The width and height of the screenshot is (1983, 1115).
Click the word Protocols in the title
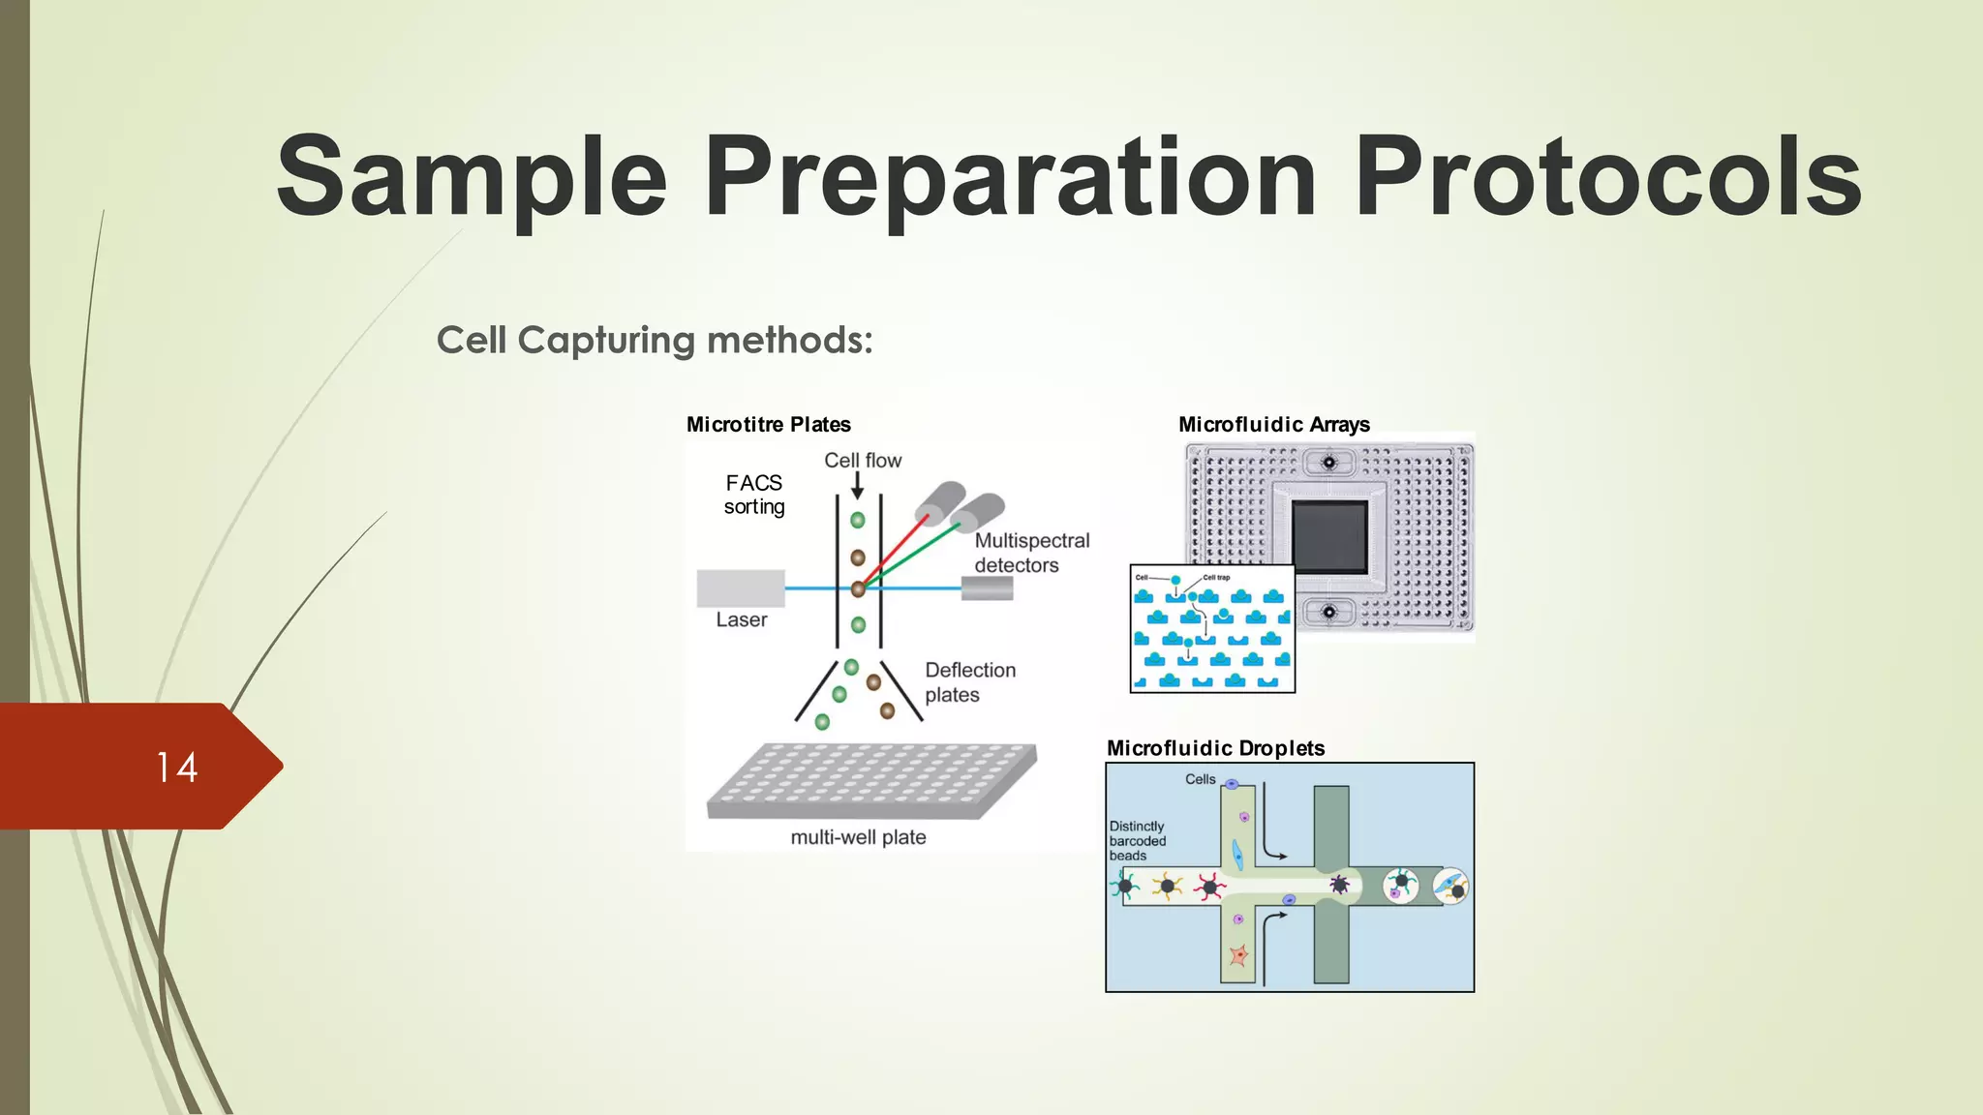[x=1607, y=177]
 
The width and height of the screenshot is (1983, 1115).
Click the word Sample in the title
[x=472, y=177]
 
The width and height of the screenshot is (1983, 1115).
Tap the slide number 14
[x=176, y=768]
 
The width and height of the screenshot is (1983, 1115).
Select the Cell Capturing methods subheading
[x=655, y=340]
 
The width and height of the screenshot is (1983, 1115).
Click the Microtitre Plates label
[x=768, y=424]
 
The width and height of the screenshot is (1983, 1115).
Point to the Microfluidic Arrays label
[x=1273, y=424]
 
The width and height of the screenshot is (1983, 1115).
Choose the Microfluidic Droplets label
[x=1215, y=748]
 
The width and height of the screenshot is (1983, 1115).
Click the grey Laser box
[x=741, y=588]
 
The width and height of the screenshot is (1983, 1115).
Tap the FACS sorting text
[x=754, y=495]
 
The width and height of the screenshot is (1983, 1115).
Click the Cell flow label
[x=862, y=460]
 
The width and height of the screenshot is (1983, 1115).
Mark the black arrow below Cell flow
[x=857, y=486]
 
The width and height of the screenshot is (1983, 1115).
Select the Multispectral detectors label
[x=1031, y=553]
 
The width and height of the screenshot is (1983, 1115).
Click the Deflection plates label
[x=969, y=682]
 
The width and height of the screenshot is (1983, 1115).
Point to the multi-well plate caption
[x=858, y=837]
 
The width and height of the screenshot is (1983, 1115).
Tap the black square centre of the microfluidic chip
[x=1329, y=537]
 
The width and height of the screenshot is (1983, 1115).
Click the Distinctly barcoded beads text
[x=1138, y=840]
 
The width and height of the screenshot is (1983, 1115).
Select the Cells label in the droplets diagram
[x=1200, y=779]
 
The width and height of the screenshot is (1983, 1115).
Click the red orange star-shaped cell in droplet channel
[x=1238, y=956]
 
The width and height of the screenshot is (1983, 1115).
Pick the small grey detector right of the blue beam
[x=987, y=588]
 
